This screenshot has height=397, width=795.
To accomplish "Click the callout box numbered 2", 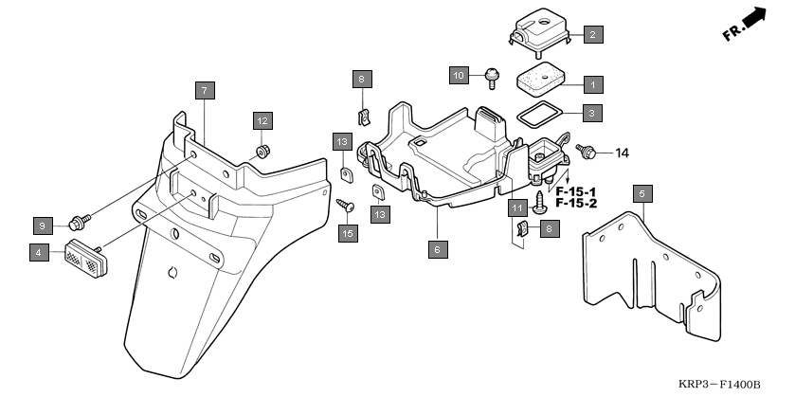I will click(592, 35).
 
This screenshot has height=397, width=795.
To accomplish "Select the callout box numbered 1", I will click(592, 83).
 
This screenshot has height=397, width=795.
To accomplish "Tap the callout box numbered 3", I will click(592, 113).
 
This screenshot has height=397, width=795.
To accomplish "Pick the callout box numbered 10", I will click(460, 74).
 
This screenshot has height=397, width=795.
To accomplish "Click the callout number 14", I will click(623, 153).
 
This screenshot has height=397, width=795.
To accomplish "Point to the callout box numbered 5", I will click(641, 194).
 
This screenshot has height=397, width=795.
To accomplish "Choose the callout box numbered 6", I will click(437, 249).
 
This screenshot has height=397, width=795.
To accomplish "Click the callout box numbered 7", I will click(205, 91).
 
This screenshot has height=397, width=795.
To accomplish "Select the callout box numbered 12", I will click(262, 120).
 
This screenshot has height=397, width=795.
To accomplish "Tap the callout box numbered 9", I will click(42, 225).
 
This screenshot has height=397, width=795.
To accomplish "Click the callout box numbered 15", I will click(348, 233).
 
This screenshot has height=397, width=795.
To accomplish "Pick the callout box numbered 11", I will click(517, 208).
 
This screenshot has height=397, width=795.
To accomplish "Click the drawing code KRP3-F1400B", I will click(719, 384).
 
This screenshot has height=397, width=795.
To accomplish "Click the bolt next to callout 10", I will click(492, 75).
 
